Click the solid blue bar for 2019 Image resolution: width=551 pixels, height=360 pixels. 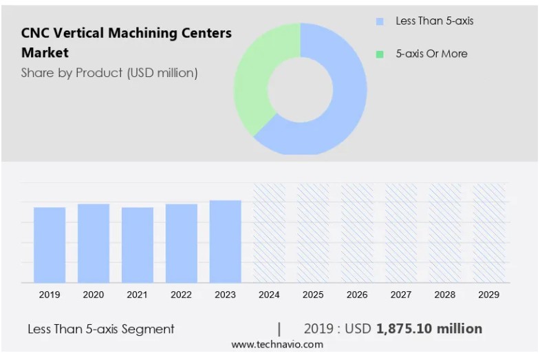pyautogui.click(x=50, y=244)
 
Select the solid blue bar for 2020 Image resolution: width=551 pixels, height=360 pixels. pyautogui.click(x=94, y=243)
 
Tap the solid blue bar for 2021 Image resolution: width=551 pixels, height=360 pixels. pyautogui.click(x=138, y=244)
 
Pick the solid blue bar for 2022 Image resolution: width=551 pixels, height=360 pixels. pyautogui.click(x=182, y=243)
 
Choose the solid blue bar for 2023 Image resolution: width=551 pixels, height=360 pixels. pyautogui.click(x=226, y=241)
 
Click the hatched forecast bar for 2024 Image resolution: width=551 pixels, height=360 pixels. pyautogui.click(x=269, y=233)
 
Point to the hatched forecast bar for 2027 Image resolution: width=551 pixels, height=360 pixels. pyautogui.click(x=401, y=233)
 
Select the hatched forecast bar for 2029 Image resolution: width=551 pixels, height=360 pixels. pyautogui.click(x=488, y=233)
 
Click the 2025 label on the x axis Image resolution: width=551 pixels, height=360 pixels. pyautogui.click(x=313, y=295)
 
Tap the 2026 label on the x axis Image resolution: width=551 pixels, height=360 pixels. pyautogui.click(x=357, y=295)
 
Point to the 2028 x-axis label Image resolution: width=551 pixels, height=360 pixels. pyautogui.click(x=444, y=295)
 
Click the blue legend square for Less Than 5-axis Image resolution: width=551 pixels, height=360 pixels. pyautogui.click(x=380, y=21)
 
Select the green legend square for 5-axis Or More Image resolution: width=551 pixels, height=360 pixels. pyautogui.click(x=380, y=54)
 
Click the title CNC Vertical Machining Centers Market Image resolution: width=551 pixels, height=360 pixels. pyautogui.click(x=126, y=42)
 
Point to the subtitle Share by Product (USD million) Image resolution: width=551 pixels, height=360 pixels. pyautogui.click(x=109, y=73)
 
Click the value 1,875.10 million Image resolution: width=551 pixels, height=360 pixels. pyautogui.click(x=429, y=329)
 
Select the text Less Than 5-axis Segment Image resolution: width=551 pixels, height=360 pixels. pyautogui.click(x=101, y=329)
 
